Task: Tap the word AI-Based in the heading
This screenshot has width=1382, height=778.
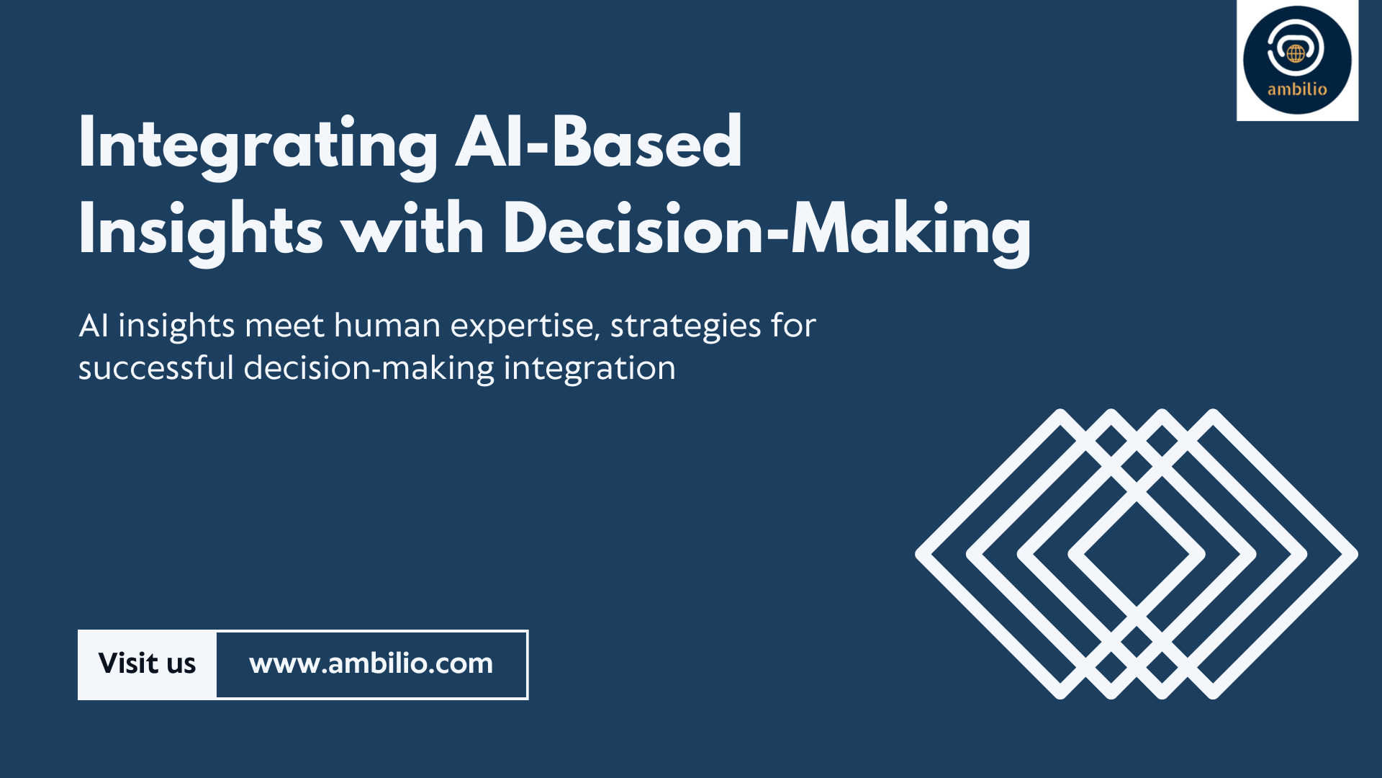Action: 599,142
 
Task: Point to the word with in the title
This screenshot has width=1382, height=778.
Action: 413,228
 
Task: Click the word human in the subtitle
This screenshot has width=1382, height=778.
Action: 387,326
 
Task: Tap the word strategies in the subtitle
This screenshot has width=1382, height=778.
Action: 685,328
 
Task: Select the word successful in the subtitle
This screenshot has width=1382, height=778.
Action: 156,368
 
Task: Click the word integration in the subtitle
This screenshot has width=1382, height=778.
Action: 590,370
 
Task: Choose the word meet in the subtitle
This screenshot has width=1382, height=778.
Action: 284,326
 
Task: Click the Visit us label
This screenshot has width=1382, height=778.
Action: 147,663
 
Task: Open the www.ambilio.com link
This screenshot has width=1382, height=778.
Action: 371,664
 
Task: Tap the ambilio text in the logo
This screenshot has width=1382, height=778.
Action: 1297,89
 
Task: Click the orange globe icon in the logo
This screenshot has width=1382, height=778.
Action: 1296,53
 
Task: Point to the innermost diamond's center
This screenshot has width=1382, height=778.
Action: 1137,555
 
